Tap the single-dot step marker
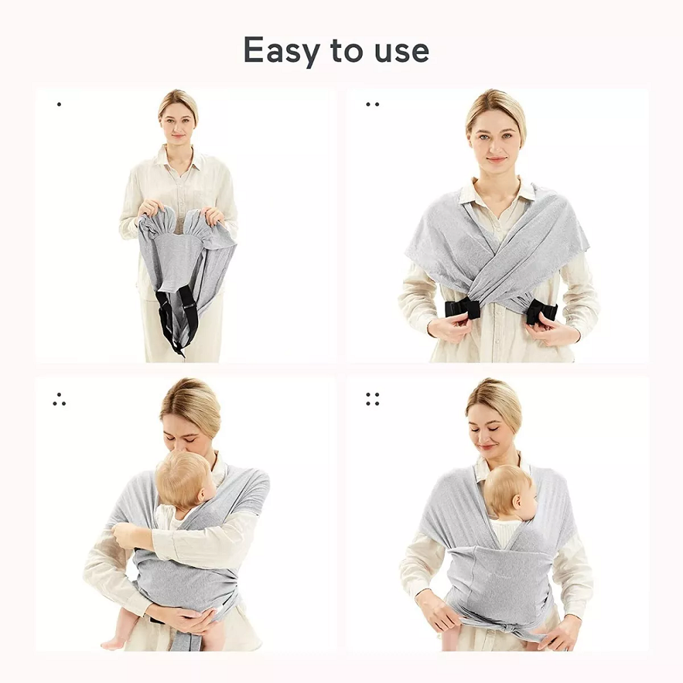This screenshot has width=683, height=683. pos(59,104)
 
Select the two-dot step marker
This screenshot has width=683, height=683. pos(372,104)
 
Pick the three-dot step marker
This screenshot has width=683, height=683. pos(59,399)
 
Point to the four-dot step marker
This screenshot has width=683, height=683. pos(372,399)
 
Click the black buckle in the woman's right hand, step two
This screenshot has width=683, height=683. pos(462,307)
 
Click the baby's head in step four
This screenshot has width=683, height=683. pos(509,492)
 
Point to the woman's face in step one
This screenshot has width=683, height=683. pos(178,124)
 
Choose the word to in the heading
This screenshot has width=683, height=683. pos(347,51)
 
